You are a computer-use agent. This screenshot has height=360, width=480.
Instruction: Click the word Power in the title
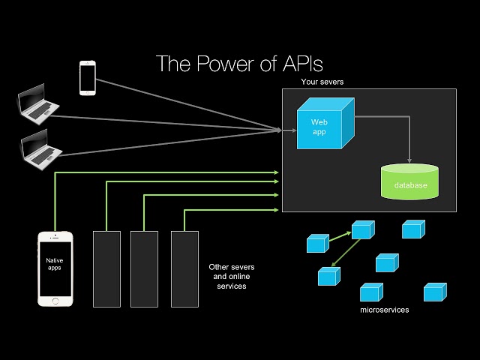(220, 63)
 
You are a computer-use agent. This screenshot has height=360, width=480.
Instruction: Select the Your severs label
(322, 81)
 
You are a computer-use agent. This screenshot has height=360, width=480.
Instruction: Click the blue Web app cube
(321, 124)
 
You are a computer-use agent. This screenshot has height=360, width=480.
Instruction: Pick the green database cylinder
(409, 181)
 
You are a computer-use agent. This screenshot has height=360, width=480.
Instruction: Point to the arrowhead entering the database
(409, 160)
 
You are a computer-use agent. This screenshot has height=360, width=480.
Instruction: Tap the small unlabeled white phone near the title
(88, 77)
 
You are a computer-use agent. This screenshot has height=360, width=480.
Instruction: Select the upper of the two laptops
(39, 106)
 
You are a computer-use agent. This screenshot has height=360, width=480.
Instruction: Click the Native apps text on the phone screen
(55, 264)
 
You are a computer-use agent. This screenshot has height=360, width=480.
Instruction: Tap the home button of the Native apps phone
(55, 301)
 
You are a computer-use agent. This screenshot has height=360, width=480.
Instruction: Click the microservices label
(385, 309)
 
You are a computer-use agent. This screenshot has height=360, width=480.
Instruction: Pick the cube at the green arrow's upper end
(361, 229)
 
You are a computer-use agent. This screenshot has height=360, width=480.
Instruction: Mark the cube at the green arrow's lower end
(328, 276)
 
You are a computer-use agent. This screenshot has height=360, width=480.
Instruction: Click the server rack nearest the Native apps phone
(106, 268)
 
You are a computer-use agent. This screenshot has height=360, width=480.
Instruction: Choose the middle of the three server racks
(144, 268)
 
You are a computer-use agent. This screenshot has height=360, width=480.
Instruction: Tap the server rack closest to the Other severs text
(184, 268)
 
